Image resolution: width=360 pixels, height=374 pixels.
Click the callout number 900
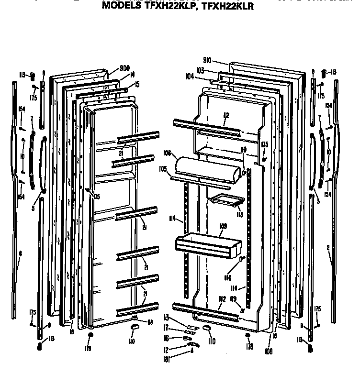(112, 67)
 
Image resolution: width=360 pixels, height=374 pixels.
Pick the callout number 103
(201, 70)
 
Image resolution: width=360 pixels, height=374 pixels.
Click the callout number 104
(190, 76)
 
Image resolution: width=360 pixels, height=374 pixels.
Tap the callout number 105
(164, 168)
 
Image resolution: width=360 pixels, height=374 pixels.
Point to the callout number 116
(227, 278)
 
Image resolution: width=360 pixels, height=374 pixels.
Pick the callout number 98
(150, 322)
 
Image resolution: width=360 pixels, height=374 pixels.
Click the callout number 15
(137, 84)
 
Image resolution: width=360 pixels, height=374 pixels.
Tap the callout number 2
(328, 247)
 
